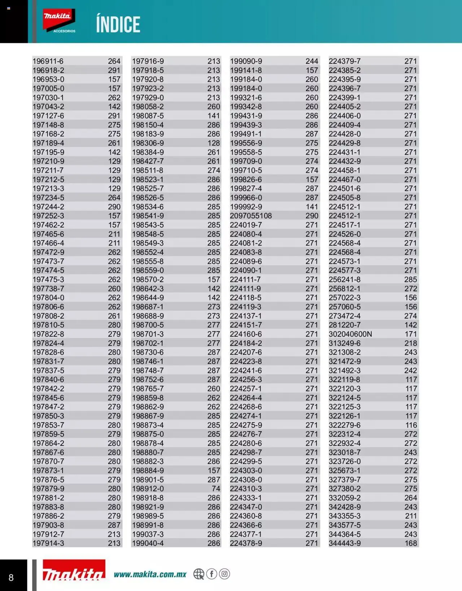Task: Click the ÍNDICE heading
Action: pyautogui.click(x=118, y=25)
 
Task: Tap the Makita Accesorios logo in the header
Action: pyautogui.click(x=59, y=21)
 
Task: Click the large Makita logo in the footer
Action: pyautogui.click(x=74, y=572)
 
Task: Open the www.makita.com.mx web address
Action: pyautogui.click(x=150, y=574)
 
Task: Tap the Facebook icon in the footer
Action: pyautogui.click(x=212, y=574)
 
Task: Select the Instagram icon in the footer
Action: pyautogui.click(x=225, y=574)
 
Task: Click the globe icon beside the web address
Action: pyautogui.click(x=199, y=574)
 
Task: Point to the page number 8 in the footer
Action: pyautogui.click(x=11, y=577)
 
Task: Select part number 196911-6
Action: pyautogui.click(x=48, y=61)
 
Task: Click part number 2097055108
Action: pyautogui.click(x=251, y=216)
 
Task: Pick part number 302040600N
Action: pyautogui.click(x=350, y=334)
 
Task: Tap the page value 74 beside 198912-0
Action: pyautogui.click(x=216, y=489)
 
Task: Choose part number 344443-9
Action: pyautogui.click(x=345, y=543)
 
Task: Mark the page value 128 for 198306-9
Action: pyautogui.click(x=214, y=143)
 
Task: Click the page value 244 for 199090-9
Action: pyautogui.click(x=312, y=61)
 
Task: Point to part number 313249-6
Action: pyautogui.click(x=345, y=343)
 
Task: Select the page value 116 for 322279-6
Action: pyautogui.click(x=411, y=425)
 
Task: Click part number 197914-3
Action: pyautogui.click(x=48, y=543)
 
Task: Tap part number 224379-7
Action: pyautogui.click(x=345, y=61)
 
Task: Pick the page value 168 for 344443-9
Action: pyautogui.click(x=411, y=543)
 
